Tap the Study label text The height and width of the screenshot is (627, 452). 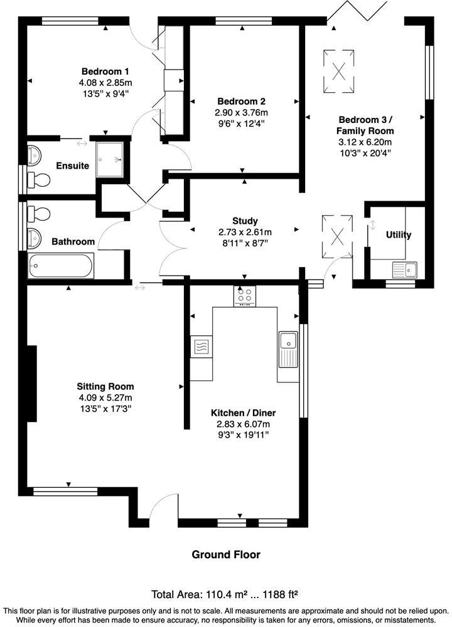[245, 221]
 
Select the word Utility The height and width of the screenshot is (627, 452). [399, 235]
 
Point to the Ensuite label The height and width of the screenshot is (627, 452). [72, 166]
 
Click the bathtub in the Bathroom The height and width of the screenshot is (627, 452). [61, 266]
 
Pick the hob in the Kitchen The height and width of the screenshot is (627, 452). [245, 295]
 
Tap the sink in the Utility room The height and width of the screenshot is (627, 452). [405, 270]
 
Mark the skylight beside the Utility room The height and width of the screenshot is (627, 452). [338, 236]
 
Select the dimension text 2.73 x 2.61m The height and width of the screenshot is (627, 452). [245, 231]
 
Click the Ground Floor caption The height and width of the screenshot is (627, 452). [225, 554]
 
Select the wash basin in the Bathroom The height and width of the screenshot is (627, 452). [35, 237]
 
